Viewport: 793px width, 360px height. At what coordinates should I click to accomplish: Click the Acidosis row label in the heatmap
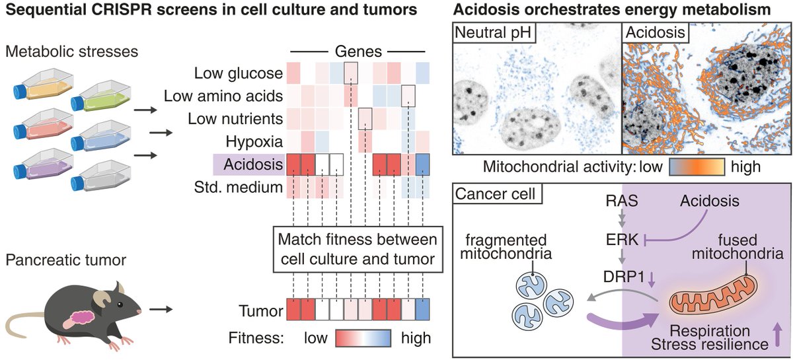pyautogui.click(x=248, y=163)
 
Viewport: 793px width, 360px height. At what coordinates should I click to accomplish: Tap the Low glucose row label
pyautogui.click(x=239, y=73)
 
